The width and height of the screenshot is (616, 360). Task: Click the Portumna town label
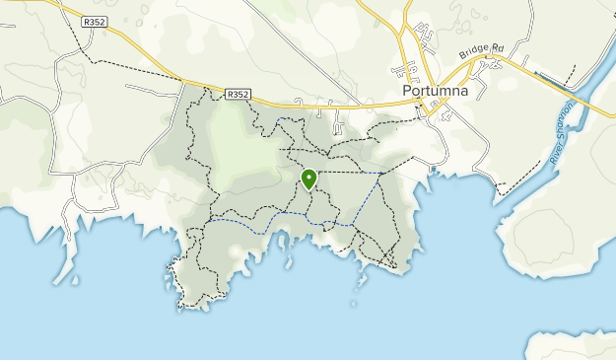(437, 92)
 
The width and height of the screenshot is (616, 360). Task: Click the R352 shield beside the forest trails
(237, 95)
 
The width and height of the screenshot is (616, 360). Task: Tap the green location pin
(308, 180)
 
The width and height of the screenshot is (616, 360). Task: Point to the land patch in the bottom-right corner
(577, 344)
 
